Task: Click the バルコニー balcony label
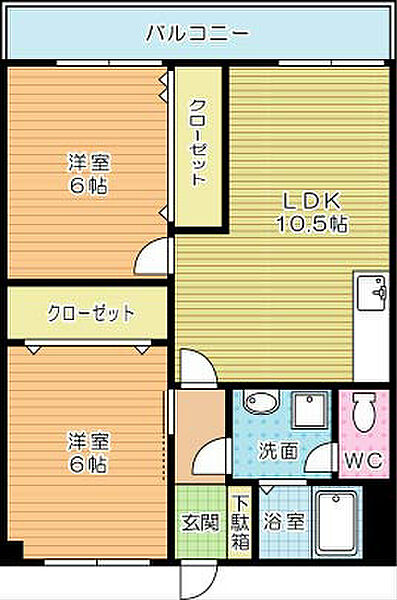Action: [197, 32]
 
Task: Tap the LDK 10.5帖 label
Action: [311, 213]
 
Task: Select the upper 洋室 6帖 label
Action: [88, 173]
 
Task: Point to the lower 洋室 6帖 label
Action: [88, 453]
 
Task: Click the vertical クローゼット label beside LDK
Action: [198, 147]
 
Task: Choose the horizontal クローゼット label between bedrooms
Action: [90, 314]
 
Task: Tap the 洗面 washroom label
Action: [282, 451]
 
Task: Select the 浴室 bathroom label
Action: [284, 521]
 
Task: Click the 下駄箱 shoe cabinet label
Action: [241, 521]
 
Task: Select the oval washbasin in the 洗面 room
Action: [262, 404]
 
